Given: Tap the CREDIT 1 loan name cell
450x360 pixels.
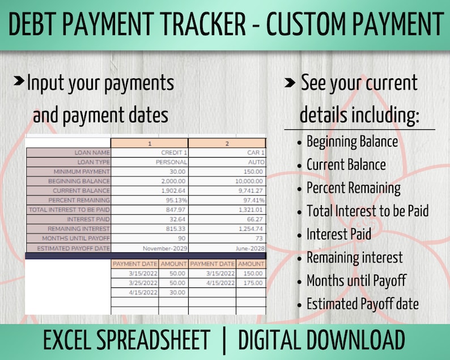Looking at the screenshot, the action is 150,153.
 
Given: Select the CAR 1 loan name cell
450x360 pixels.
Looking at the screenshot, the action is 227,153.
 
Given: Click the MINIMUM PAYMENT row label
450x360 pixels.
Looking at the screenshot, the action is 69,172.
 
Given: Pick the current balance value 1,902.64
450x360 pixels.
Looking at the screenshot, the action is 150,190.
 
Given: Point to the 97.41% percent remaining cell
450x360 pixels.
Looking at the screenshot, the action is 227,200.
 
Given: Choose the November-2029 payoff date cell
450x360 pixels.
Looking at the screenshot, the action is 150,248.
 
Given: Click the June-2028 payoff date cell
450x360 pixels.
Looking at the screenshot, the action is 227,248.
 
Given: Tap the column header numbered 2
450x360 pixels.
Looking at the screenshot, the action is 227,143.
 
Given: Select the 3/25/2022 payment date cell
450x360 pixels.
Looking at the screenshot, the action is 135,283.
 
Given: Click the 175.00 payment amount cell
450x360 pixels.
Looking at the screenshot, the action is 251,283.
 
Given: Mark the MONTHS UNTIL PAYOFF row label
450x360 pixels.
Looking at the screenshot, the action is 69,238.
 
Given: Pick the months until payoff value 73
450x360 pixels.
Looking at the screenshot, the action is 227,238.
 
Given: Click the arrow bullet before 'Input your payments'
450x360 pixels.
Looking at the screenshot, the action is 19,81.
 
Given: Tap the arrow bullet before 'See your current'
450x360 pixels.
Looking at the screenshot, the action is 290,83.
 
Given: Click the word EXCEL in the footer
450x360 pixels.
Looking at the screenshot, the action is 70,340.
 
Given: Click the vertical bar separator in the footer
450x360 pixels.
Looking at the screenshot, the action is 224,341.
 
